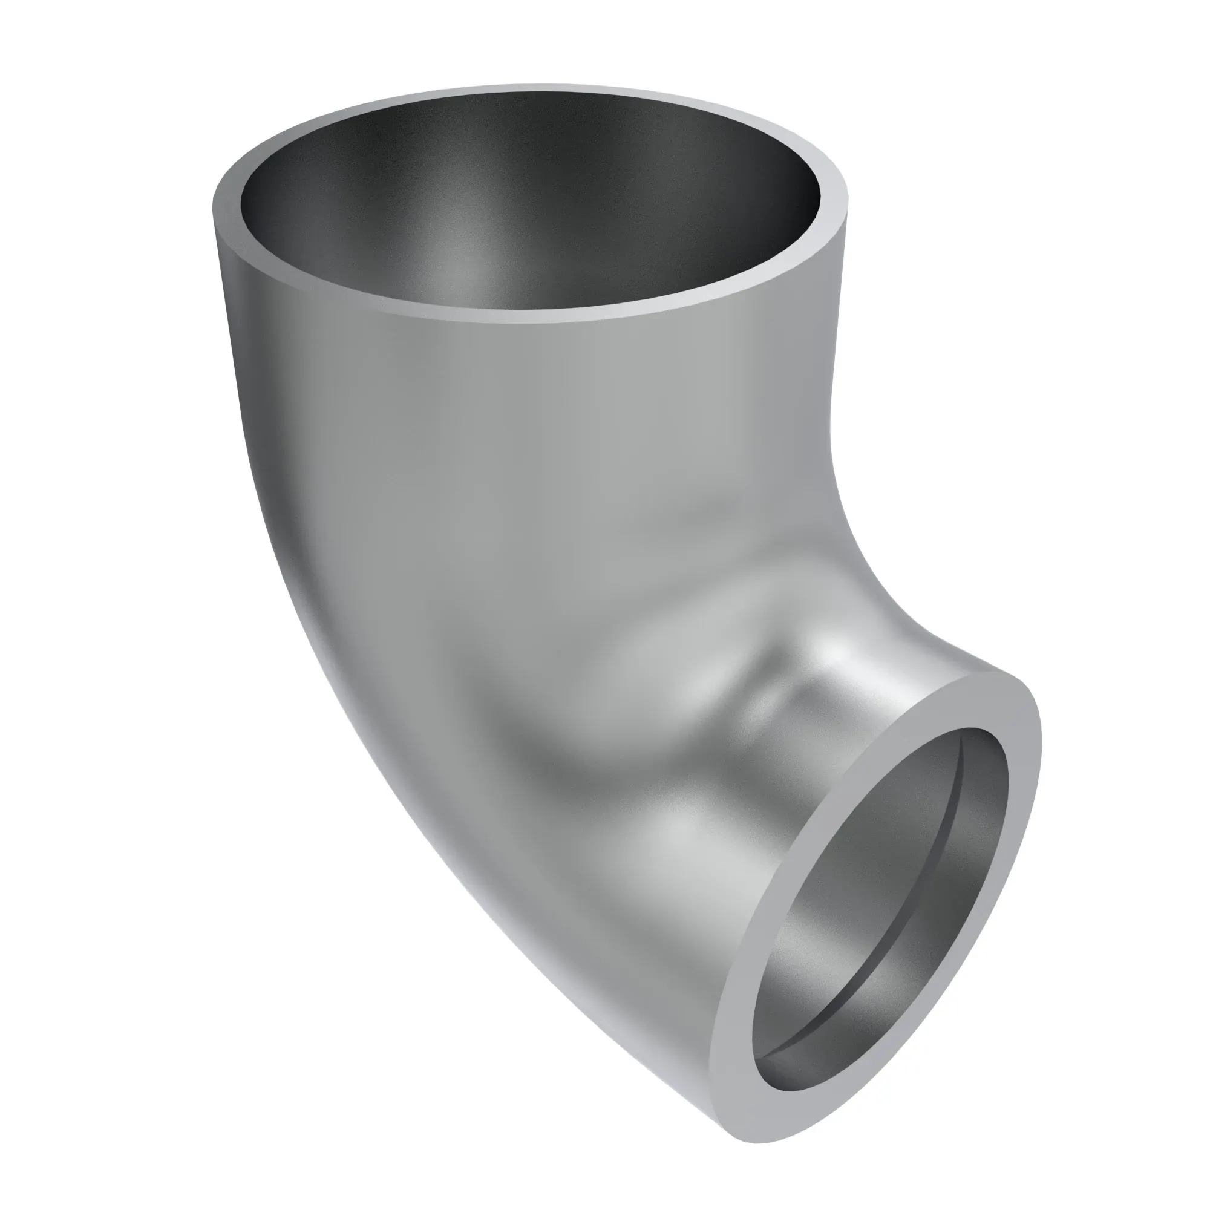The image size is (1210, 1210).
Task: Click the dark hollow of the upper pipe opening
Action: click(532, 207)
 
